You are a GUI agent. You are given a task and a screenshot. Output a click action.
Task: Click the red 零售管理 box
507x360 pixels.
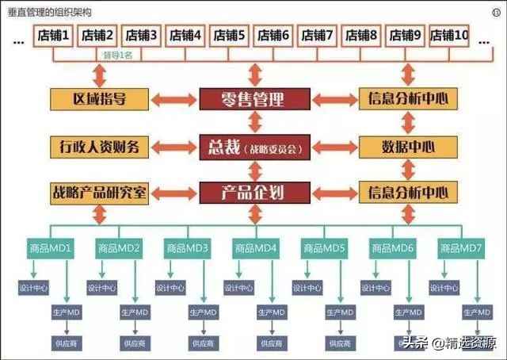(253, 99)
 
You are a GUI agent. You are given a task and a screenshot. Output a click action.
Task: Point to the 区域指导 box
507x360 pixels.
(99, 99)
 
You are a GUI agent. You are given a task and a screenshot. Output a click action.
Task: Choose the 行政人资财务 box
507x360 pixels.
(99, 147)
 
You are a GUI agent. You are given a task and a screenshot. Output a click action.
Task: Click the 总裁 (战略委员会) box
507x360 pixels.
(253, 147)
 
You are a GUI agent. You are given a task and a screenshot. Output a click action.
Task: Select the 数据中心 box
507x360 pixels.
(408, 147)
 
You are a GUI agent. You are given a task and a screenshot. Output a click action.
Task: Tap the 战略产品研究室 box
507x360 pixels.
(99, 192)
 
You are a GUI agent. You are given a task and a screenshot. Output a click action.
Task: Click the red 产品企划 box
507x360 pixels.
(253, 192)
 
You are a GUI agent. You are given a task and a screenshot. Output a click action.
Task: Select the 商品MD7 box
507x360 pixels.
(460, 248)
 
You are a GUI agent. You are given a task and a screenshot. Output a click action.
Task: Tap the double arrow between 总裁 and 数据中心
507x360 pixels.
(332, 147)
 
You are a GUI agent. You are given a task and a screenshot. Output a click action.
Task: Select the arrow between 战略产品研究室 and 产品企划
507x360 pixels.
(174, 193)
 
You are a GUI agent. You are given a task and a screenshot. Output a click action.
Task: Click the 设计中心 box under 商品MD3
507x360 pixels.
(170, 288)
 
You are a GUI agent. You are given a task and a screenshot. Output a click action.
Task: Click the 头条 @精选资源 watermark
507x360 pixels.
(448, 343)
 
